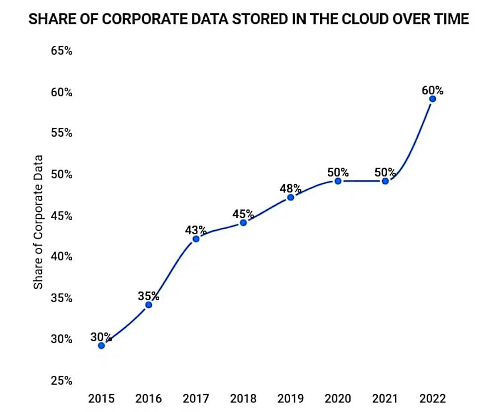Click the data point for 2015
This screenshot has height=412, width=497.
pos(101,345)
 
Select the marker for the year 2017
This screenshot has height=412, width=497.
pos(196,239)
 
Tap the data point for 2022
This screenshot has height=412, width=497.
pos(432,99)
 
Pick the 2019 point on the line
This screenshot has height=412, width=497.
pos(291,197)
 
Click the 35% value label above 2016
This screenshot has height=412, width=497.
pos(149,296)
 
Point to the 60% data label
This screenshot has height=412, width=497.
pos(432,90)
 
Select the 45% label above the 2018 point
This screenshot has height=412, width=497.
pos(243,214)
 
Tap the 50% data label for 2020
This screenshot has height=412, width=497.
pos(338,172)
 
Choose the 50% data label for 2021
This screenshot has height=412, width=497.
pos(385,172)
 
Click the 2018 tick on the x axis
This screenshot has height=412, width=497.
pos(243,399)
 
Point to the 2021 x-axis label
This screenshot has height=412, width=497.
pos(385,399)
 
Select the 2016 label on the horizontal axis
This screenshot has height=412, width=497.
pos(149,399)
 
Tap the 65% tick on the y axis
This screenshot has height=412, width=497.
pos(61,51)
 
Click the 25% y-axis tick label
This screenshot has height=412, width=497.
pos(61,381)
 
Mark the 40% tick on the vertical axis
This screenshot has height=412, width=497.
pos(61,257)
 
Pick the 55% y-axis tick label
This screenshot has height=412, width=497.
pos(61,133)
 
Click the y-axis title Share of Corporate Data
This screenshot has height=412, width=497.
pos(38,221)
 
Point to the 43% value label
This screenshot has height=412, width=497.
pos(196,230)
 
